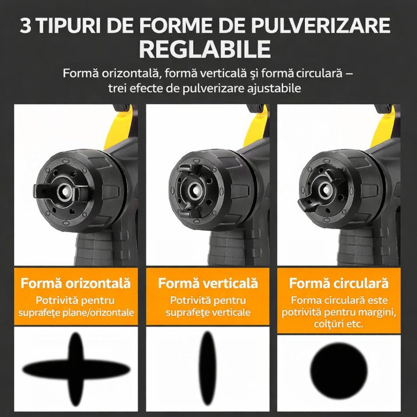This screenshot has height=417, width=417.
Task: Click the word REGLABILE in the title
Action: tap(206, 49)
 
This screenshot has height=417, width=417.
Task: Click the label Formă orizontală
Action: tap(76, 283)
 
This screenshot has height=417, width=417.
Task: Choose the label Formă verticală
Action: tap(208, 283)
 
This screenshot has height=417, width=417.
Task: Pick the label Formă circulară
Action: tap(339, 283)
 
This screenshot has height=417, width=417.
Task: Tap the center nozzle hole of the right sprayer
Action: tap(325, 188)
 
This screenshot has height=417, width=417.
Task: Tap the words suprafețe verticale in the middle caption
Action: tap(208, 313)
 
